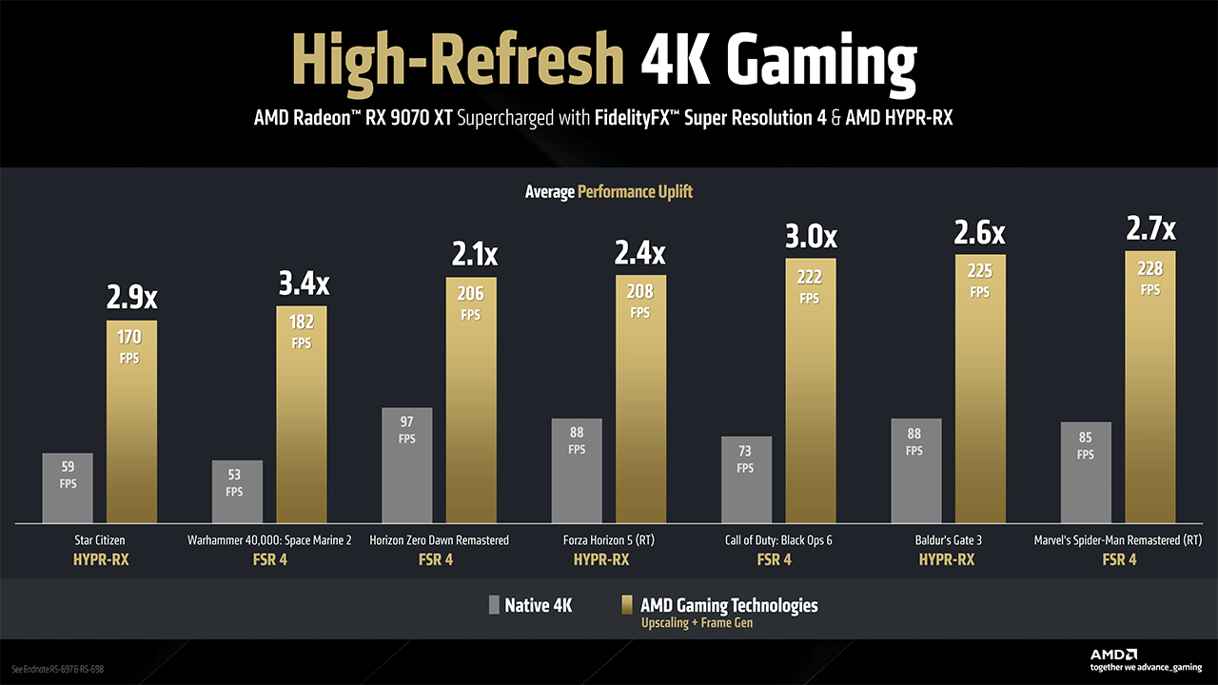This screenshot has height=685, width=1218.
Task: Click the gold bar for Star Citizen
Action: pyautogui.click(x=131, y=428)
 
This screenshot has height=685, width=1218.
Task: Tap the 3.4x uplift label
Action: pyautogui.click(x=302, y=284)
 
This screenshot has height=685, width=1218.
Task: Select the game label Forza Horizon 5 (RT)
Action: pyautogui.click(x=601, y=540)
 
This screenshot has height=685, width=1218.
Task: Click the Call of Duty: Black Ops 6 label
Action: pyautogui.click(x=772, y=540)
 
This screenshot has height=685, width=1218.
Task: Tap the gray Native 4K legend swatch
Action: pyautogui.click(x=493, y=605)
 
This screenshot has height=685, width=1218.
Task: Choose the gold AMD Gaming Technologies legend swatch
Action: pyautogui.click(x=627, y=605)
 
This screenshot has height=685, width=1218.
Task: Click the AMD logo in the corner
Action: pyautogui.click(x=1113, y=655)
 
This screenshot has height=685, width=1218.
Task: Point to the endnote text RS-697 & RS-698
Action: pyautogui.click(x=57, y=670)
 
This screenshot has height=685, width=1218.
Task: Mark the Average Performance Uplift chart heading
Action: pyautogui.click(x=609, y=192)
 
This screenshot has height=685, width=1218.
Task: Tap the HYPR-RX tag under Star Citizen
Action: pyautogui.click(x=101, y=559)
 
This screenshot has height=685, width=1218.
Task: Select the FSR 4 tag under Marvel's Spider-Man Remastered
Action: pyautogui.click(x=1118, y=559)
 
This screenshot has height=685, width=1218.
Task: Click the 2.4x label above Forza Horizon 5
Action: pyautogui.click(x=640, y=254)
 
